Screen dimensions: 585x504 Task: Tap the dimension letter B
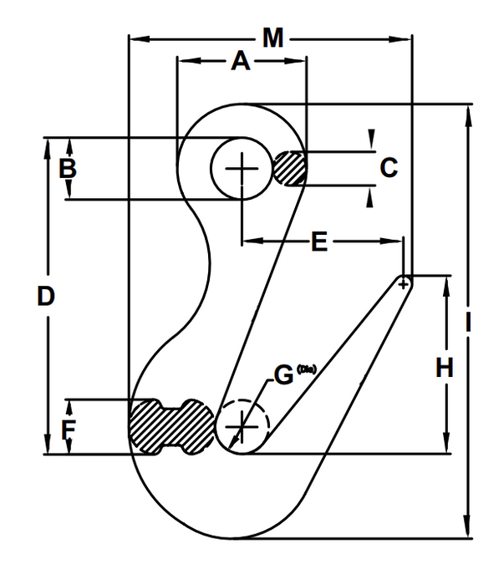point(68,169)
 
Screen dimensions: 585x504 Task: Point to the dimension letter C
point(389,168)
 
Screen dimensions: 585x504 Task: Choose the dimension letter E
point(318,242)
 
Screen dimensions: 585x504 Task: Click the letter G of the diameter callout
point(284,376)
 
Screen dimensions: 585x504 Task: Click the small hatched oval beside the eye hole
point(290,168)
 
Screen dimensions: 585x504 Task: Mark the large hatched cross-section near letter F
point(170,425)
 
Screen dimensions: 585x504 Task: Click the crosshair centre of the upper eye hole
point(241,169)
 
